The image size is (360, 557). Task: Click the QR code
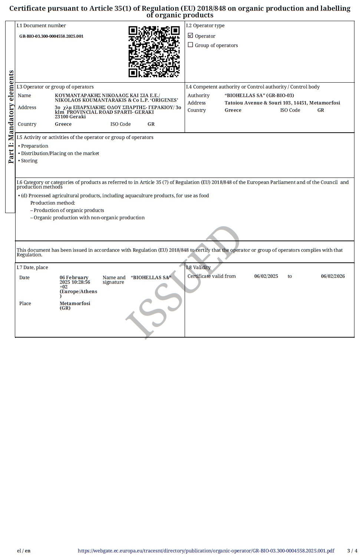click(x=154, y=52)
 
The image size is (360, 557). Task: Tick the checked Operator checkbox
click(x=191, y=36)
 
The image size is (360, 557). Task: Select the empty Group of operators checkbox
click(x=191, y=45)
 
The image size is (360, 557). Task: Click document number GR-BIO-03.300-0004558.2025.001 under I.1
click(x=51, y=36)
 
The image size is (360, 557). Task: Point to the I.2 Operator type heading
click(x=205, y=26)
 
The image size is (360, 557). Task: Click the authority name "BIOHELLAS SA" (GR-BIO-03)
click(x=259, y=95)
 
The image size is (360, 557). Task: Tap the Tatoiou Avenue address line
click(x=282, y=103)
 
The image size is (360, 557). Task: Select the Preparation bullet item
click(x=34, y=146)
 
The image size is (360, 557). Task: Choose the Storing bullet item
click(x=29, y=161)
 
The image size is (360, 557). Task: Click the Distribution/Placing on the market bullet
click(x=60, y=153)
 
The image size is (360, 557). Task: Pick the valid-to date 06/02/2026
click(x=333, y=276)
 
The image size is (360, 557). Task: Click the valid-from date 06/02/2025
click(x=266, y=276)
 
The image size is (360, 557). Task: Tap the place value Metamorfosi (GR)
click(x=75, y=305)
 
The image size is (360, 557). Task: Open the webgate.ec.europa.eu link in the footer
click(x=206, y=551)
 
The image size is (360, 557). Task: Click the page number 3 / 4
click(x=352, y=551)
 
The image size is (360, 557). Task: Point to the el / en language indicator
click(x=24, y=551)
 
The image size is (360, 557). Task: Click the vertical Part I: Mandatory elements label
click(x=11, y=117)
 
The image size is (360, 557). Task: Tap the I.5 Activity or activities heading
click(x=85, y=137)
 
